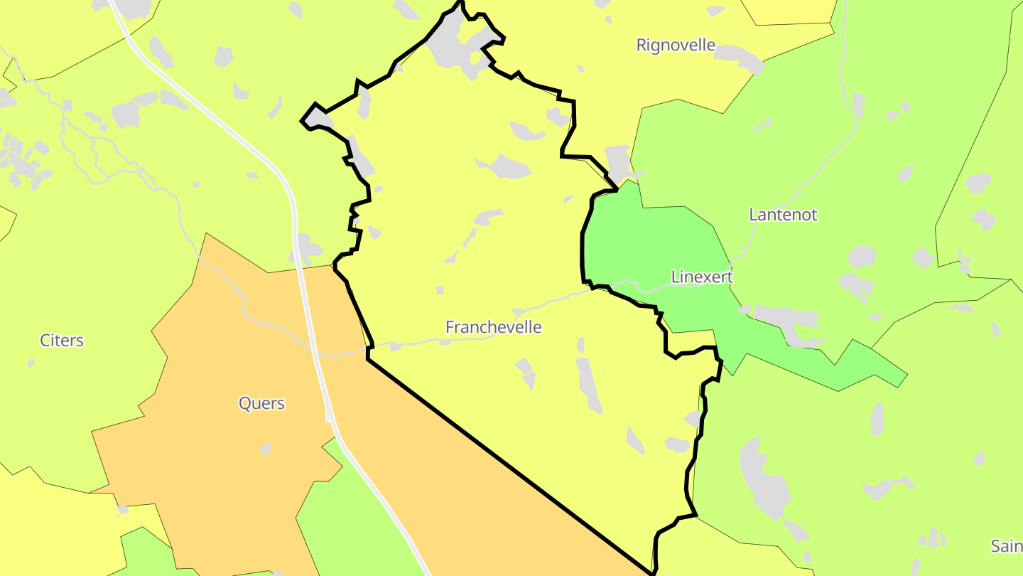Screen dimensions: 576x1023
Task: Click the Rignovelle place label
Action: (x=676, y=45)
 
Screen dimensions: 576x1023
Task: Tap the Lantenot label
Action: (x=783, y=214)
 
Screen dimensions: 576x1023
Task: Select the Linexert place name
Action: (x=701, y=277)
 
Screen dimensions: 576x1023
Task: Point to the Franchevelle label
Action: (x=493, y=327)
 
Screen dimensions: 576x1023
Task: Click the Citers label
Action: (x=62, y=340)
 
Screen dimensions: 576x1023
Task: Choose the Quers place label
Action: (x=261, y=403)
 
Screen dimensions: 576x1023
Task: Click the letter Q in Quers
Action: (x=244, y=403)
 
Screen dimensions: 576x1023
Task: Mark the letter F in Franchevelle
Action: (x=450, y=327)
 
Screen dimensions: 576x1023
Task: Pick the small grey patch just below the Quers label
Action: (x=266, y=449)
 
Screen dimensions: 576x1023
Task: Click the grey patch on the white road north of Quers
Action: (x=306, y=248)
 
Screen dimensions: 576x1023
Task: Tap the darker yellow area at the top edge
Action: (x=789, y=10)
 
